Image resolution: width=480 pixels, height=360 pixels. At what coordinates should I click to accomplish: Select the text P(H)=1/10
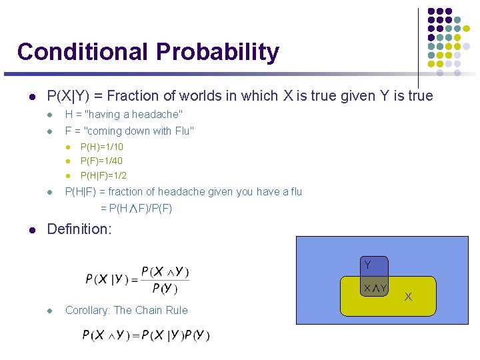click(x=101, y=147)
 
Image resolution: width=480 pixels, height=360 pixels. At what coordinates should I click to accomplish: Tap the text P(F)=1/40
click(x=101, y=161)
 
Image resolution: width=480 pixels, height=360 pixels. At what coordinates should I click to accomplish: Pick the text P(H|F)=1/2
click(x=103, y=176)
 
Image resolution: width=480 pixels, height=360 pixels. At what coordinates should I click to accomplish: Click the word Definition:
click(x=79, y=229)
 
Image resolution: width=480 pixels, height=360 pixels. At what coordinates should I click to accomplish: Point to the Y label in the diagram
click(x=367, y=265)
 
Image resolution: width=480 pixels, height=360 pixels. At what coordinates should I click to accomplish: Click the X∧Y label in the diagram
click(x=375, y=288)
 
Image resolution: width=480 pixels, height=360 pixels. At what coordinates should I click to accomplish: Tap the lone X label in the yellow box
click(x=408, y=297)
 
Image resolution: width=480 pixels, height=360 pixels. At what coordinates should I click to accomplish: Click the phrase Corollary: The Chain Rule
click(x=126, y=310)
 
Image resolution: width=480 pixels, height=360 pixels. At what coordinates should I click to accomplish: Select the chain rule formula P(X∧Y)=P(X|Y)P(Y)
click(x=146, y=335)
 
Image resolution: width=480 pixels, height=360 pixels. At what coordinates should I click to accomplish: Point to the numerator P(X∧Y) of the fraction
click(x=165, y=272)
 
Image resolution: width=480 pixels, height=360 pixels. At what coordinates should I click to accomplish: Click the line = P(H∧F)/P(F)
click(x=136, y=209)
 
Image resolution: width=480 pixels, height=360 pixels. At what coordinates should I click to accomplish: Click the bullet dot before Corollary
click(x=50, y=311)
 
